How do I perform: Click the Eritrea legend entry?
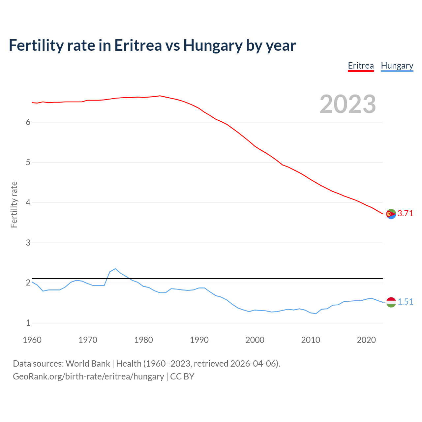point(361,66)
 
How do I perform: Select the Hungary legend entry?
point(397,66)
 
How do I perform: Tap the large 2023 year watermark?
point(348,104)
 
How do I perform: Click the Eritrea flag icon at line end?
point(391,214)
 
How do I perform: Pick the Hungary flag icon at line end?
point(391,302)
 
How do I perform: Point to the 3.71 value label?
point(405,213)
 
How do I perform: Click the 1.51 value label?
point(405,302)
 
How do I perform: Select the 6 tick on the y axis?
point(28,122)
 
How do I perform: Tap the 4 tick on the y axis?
point(28,202)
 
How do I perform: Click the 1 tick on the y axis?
point(28,323)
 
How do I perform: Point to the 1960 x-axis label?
point(32,340)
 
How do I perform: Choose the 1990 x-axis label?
point(199,340)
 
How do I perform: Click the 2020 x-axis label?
point(366,340)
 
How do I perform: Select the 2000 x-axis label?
point(255,340)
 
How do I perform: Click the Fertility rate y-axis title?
point(14,204)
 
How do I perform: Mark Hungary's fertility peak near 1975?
point(115,269)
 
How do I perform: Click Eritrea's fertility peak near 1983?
point(160,96)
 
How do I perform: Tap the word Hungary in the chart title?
point(213,45)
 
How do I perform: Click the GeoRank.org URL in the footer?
point(88,376)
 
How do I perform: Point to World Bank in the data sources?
point(88,363)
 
